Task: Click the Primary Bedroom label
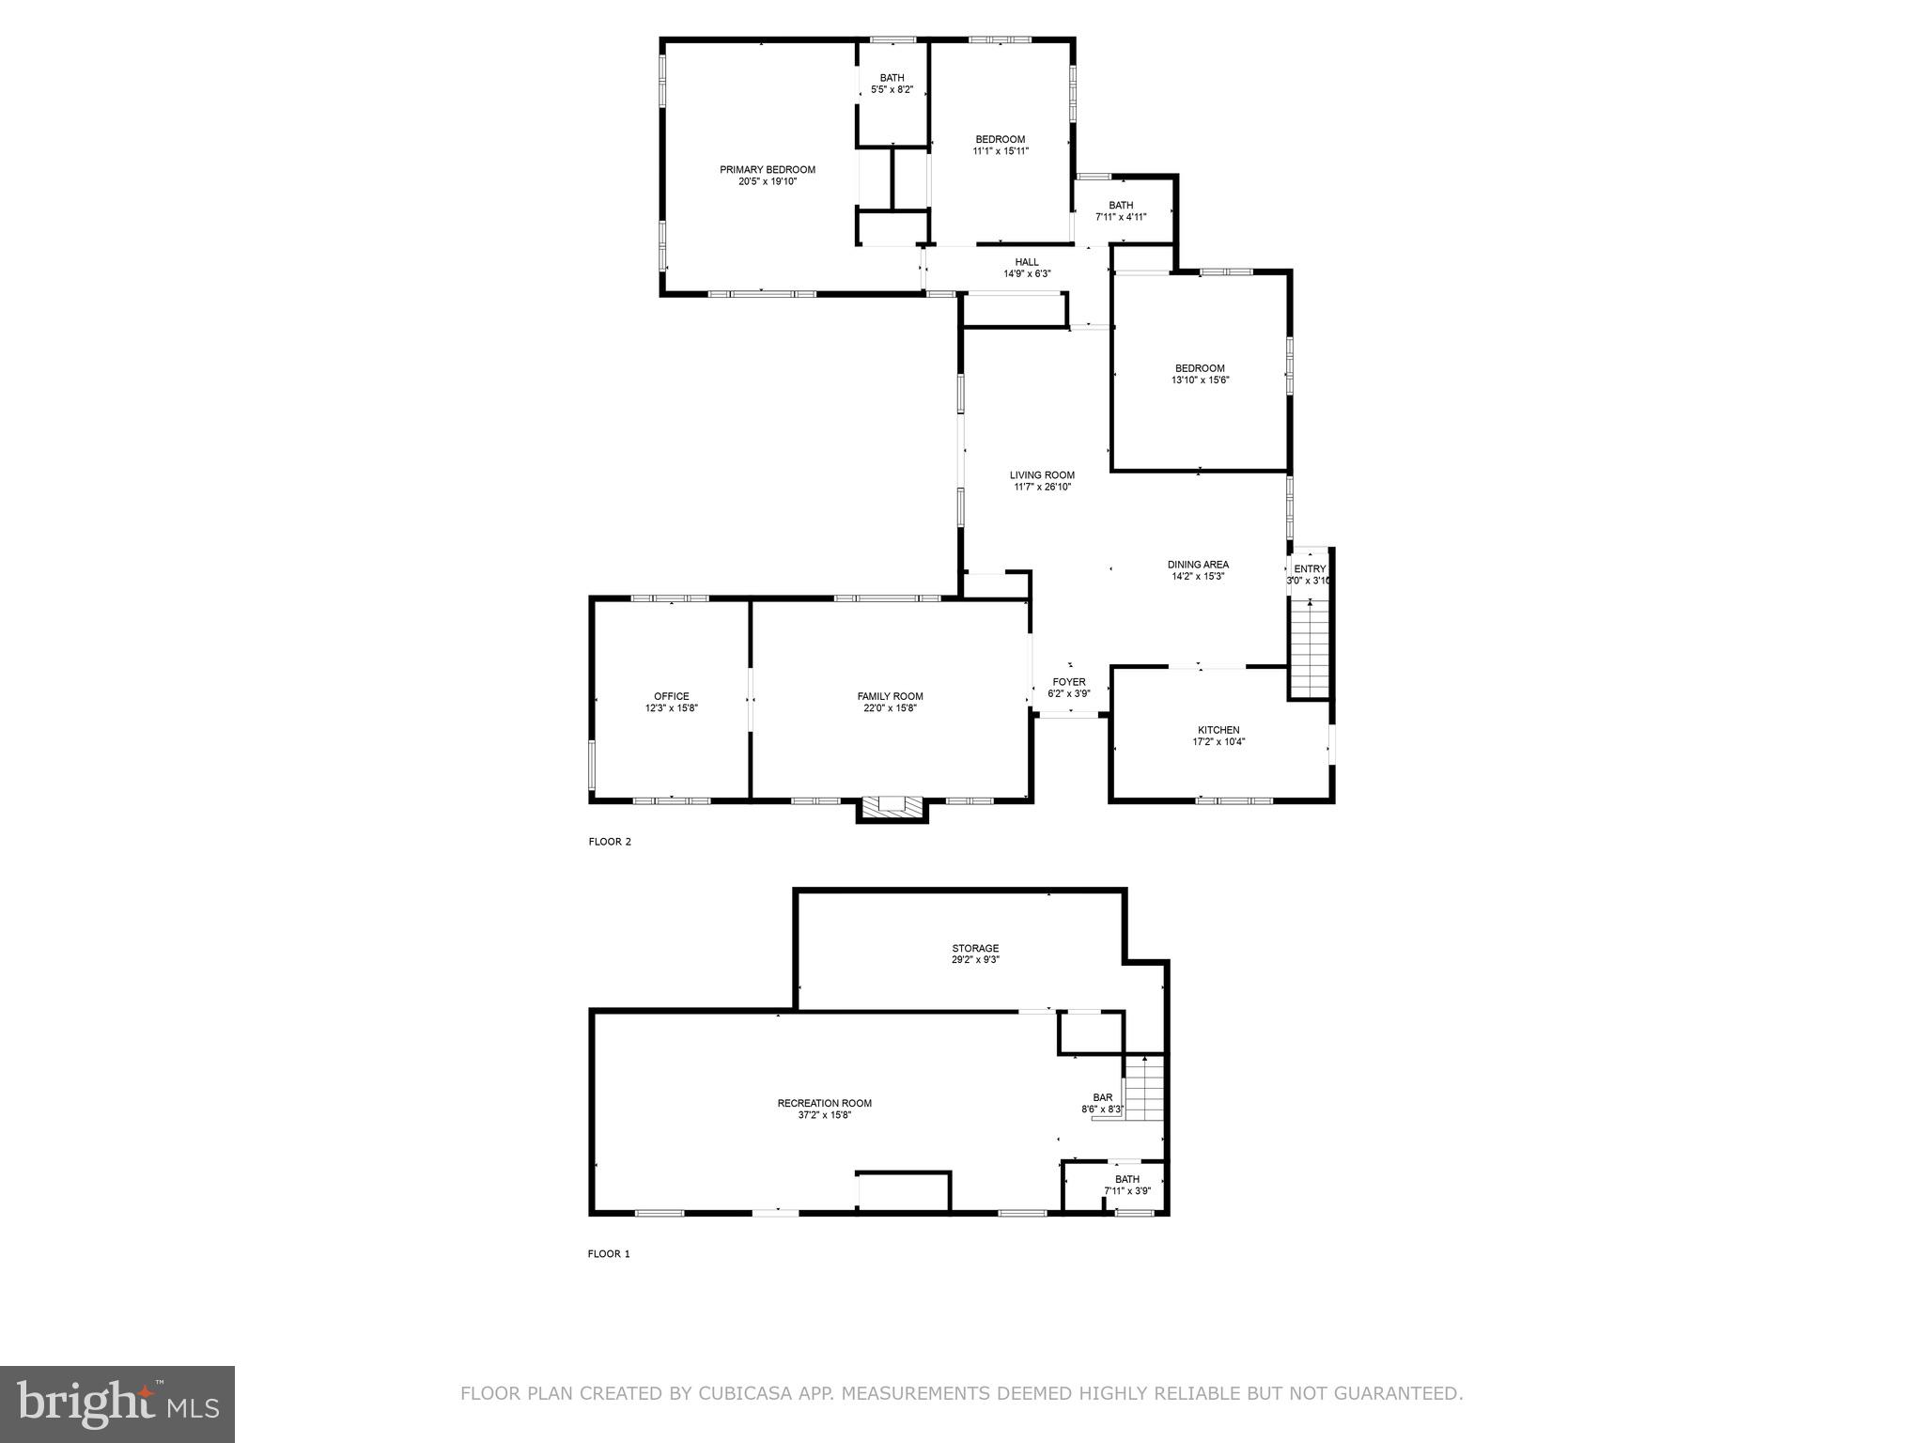click(767, 170)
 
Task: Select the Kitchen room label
click(1218, 730)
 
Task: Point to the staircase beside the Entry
click(1310, 648)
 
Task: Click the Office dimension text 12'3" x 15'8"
click(671, 708)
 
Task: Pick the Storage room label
click(974, 949)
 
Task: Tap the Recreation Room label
click(824, 1104)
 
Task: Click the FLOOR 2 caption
click(610, 842)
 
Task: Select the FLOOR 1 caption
click(609, 1253)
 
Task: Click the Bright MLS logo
click(117, 1404)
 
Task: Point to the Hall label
click(1027, 262)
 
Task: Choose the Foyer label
click(1068, 682)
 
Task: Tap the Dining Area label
click(1198, 565)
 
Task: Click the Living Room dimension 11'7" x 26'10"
click(1042, 487)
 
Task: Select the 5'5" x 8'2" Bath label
click(892, 90)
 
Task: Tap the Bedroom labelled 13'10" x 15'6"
click(1200, 368)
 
